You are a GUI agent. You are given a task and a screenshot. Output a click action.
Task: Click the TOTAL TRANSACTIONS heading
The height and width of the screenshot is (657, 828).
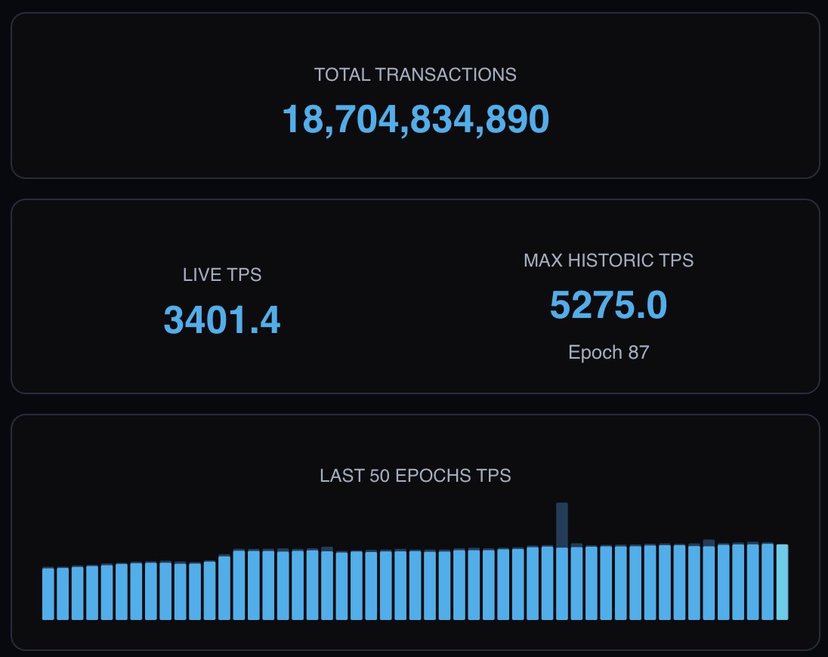[415, 75]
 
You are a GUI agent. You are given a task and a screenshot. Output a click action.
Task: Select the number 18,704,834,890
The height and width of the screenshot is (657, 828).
[415, 119]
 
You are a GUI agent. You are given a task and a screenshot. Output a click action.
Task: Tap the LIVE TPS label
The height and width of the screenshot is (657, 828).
[222, 275]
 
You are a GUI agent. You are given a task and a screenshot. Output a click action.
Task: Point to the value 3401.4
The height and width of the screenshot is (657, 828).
[222, 320]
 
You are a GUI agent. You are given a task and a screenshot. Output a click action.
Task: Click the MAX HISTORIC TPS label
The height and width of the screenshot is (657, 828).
[608, 261]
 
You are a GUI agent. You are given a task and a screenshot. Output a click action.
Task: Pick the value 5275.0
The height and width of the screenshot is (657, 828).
[608, 305]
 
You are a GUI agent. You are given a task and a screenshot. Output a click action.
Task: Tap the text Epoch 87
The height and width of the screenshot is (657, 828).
[608, 353]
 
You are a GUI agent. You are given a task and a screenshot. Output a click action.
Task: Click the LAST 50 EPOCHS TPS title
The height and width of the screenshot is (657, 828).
[415, 476]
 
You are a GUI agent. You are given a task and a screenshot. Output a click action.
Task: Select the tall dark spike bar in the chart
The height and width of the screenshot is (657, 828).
[561, 524]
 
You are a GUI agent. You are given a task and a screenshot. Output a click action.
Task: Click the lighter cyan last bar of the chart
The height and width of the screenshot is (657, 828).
[782, 581]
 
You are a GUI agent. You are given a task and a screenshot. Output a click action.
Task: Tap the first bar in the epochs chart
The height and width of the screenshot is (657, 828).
[48, 593]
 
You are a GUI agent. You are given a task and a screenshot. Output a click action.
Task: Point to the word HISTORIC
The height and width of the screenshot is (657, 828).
[610, 261]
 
